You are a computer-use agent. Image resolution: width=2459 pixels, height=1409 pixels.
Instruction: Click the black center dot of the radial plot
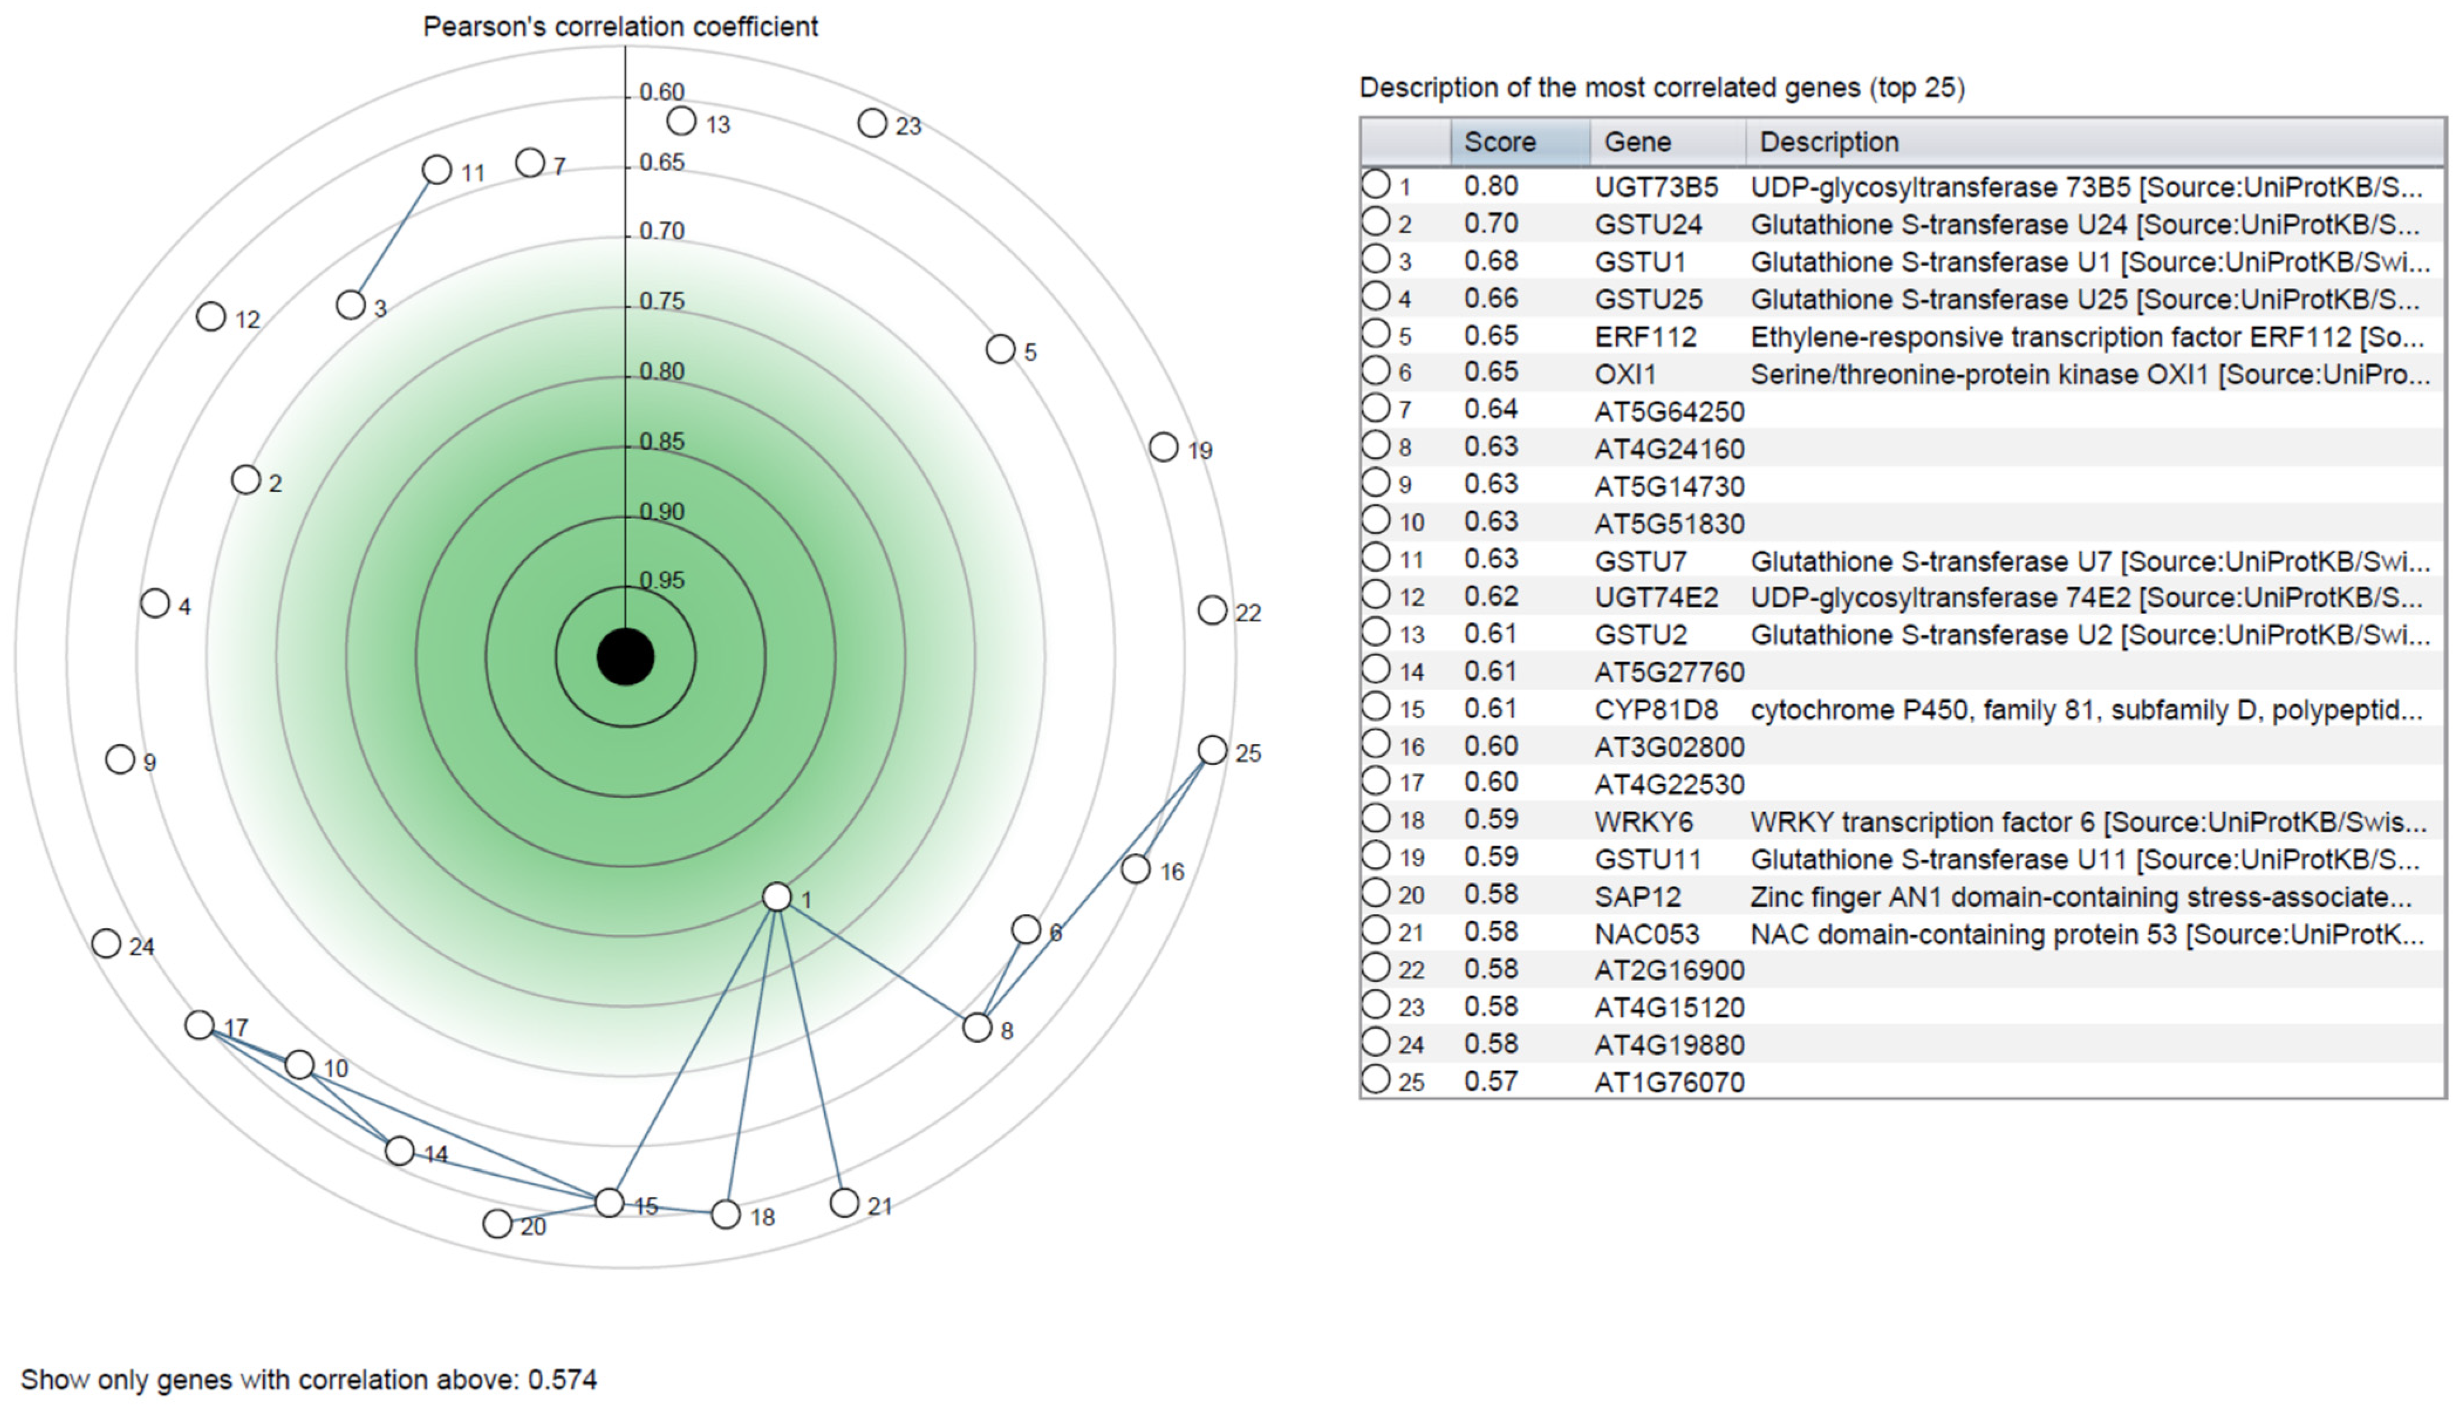click(625, 657)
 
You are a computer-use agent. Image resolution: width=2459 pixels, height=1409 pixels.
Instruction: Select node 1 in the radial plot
click(777, 897)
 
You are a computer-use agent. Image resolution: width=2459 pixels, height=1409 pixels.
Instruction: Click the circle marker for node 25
click(1212, 750)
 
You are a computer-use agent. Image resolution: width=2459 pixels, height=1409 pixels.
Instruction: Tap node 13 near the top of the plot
click(682, 121)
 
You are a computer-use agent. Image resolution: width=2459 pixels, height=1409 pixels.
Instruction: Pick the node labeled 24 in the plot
click(107, 943)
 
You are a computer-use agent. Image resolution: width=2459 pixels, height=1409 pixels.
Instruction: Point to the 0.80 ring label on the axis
click(662, 371)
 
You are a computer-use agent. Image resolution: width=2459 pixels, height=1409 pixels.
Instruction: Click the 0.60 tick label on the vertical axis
click(662, 92)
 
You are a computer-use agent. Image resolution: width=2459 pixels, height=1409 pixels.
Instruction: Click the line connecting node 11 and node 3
click(394, 237)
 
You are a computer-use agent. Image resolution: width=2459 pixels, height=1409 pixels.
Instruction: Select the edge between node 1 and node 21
click(811, 1050)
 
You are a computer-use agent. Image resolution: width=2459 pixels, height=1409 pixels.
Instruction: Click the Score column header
click(1500, 142)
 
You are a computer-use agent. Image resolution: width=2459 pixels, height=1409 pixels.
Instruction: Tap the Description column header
click(1828, 142)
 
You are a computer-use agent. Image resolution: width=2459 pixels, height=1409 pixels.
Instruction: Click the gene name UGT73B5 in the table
click(1656, 187)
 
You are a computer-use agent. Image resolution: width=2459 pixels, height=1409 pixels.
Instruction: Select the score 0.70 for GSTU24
click(1491, 224)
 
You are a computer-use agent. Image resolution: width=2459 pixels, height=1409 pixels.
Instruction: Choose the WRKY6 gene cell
click(1644, 821)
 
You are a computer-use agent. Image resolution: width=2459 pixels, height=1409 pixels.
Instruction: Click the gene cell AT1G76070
click(1669, 1082)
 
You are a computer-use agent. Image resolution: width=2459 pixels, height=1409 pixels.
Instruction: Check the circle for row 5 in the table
click(1375, 334)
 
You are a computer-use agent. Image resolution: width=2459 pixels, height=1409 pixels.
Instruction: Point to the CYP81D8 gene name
click(1656, 709)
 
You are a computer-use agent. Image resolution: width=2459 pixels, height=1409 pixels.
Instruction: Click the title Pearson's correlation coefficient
click(620, 26)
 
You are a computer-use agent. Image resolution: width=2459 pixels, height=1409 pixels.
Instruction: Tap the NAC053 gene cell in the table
click(1647, 934)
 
